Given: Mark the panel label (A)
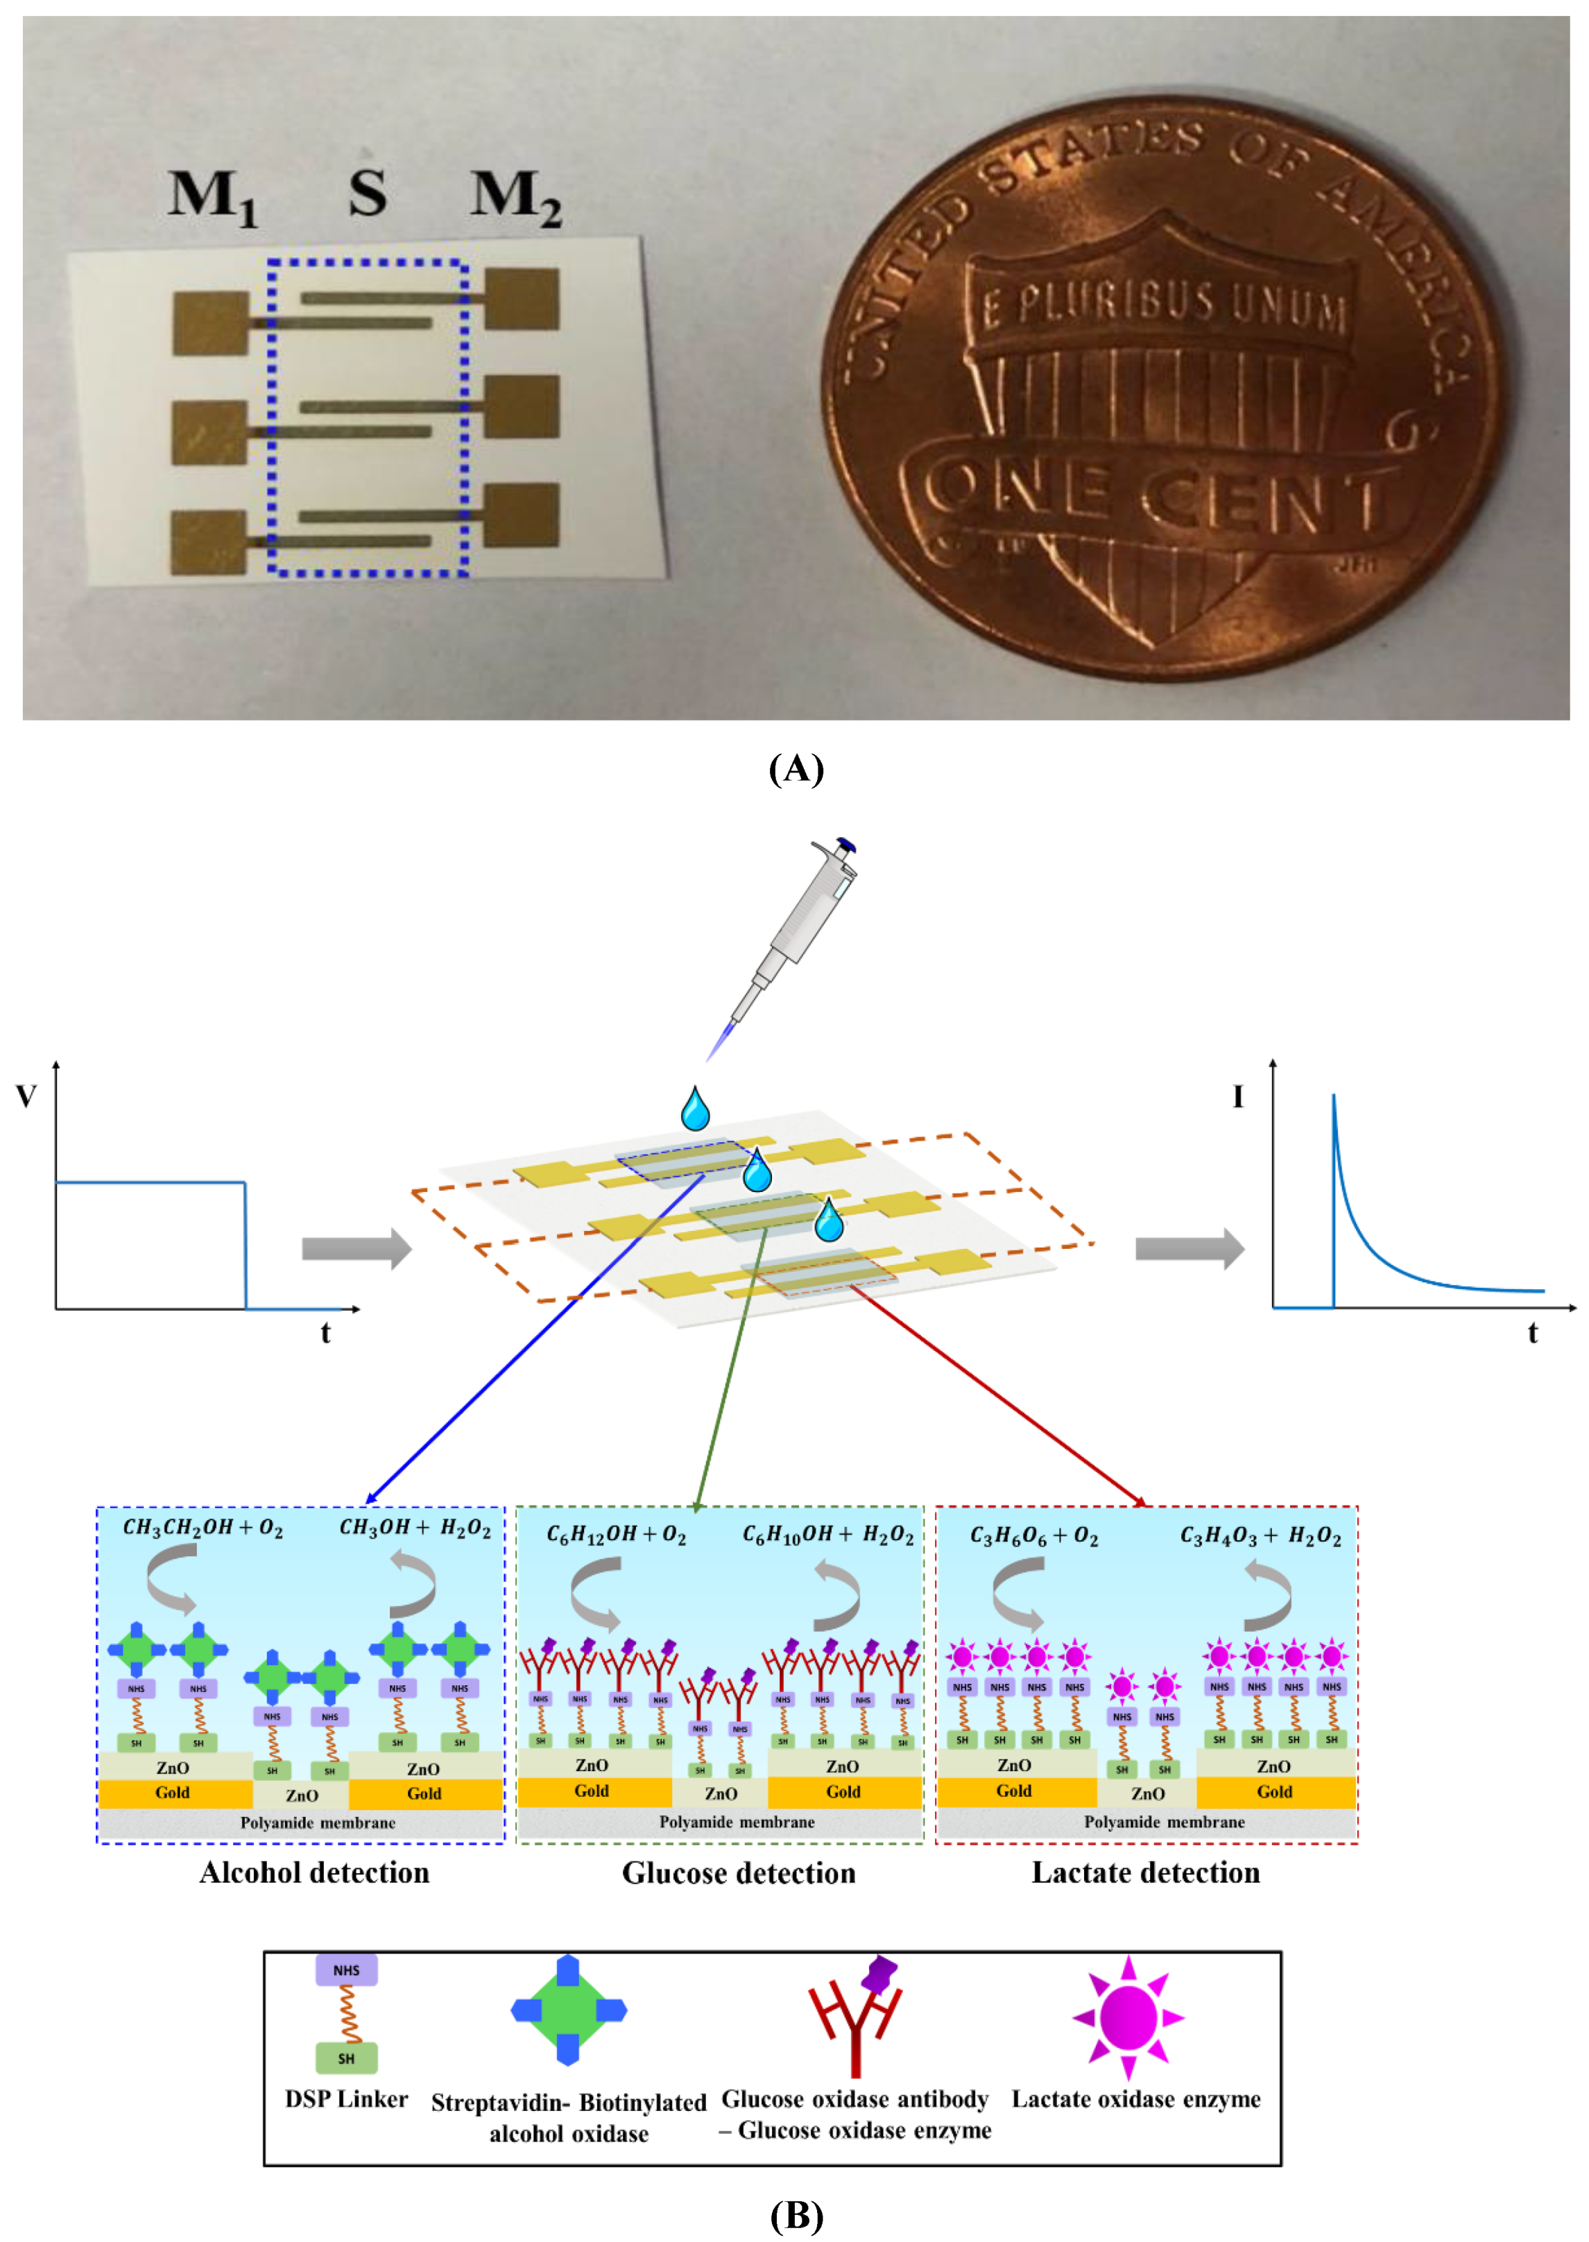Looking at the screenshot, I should coord(796,769).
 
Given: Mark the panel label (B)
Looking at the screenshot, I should coord(796,2215).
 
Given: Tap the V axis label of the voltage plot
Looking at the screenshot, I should coord(26,1096).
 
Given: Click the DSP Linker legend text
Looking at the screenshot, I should coord(346,2099).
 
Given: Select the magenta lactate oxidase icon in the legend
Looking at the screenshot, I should coord(1128,2017).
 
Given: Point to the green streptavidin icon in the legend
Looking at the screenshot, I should coord(569,2011).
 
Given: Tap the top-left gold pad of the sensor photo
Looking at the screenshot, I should coord(210,322).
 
